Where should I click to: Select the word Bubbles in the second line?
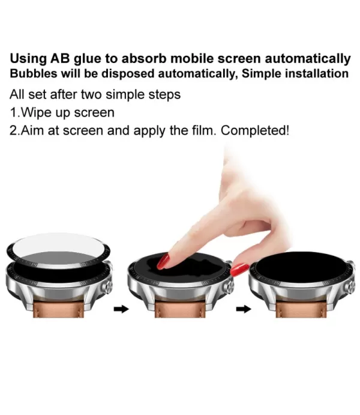tap(34, 74)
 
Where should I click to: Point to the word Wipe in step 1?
tap(36, 113)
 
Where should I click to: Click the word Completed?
tap(255, 130)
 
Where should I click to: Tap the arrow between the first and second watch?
tap(121, 309)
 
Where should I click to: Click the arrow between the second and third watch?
tap(244, 309)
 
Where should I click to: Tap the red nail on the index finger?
tap(163, 261)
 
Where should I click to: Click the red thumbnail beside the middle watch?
tap(239, 270)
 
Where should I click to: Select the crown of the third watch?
tap(352, 286)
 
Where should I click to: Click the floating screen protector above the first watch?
tap(58, 250)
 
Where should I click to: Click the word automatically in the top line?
tap(308, 59)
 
